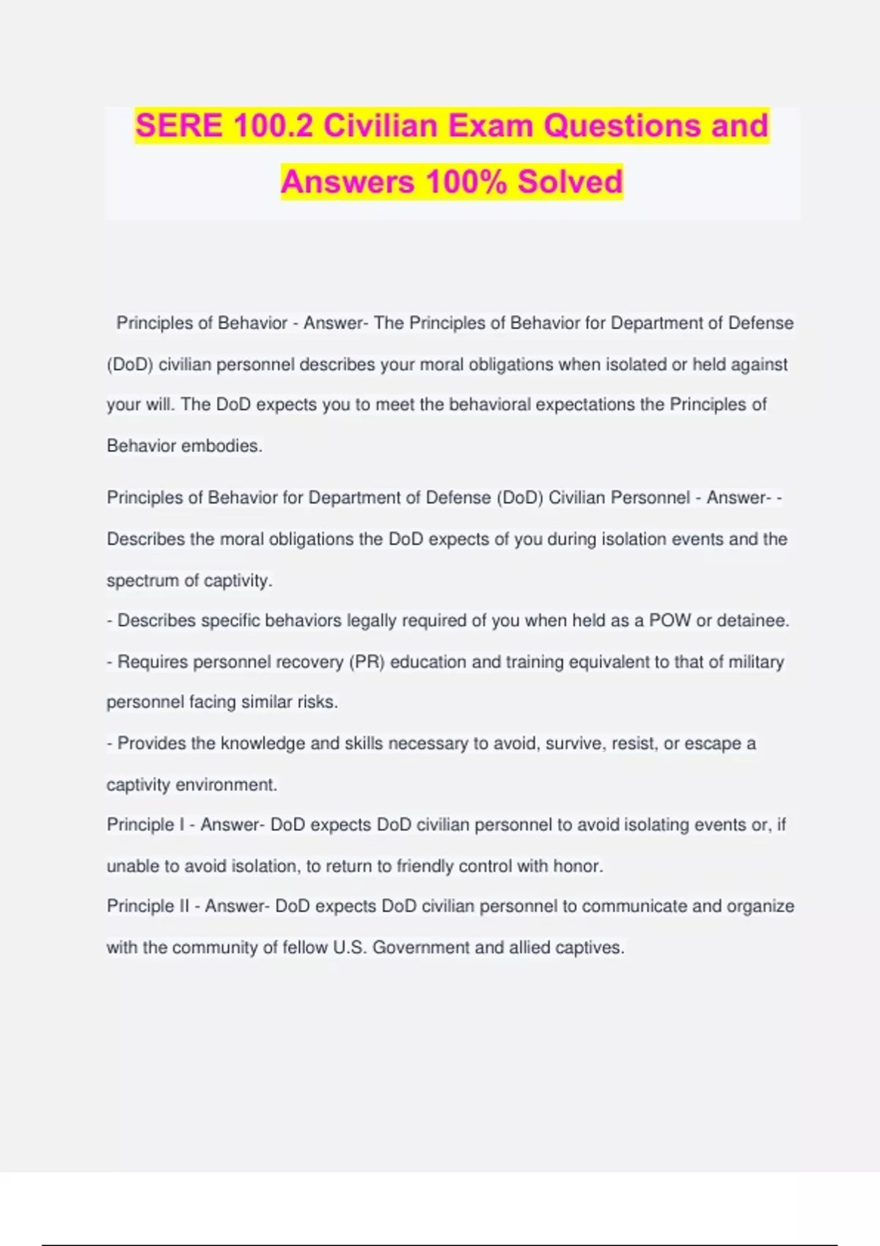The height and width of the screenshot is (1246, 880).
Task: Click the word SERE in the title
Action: coord(179,125)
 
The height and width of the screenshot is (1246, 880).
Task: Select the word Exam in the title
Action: coord(490,125)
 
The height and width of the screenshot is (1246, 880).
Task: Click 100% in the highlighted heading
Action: coord(466,182)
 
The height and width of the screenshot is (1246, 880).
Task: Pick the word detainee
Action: coord(752,621)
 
